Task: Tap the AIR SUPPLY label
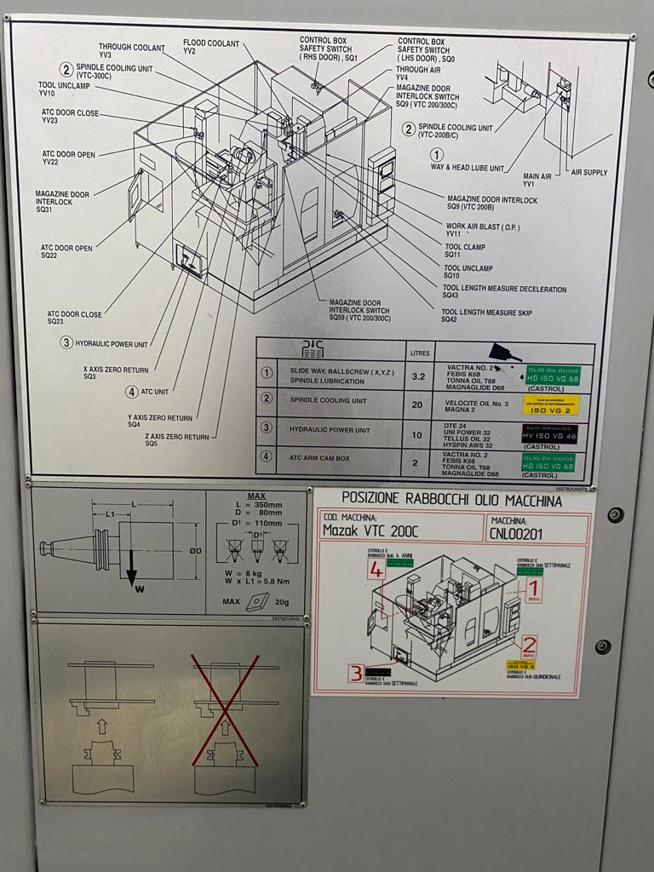point(588,172)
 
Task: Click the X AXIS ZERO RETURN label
point(116,372)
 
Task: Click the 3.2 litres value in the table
point(418,375)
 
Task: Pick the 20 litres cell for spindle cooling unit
point(417,404)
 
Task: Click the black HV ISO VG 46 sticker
point(549,433)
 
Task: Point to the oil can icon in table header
point(507,351)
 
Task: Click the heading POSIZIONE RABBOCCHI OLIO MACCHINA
point(451,500)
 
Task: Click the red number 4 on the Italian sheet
point(376,570)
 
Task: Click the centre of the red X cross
point(225,710)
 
